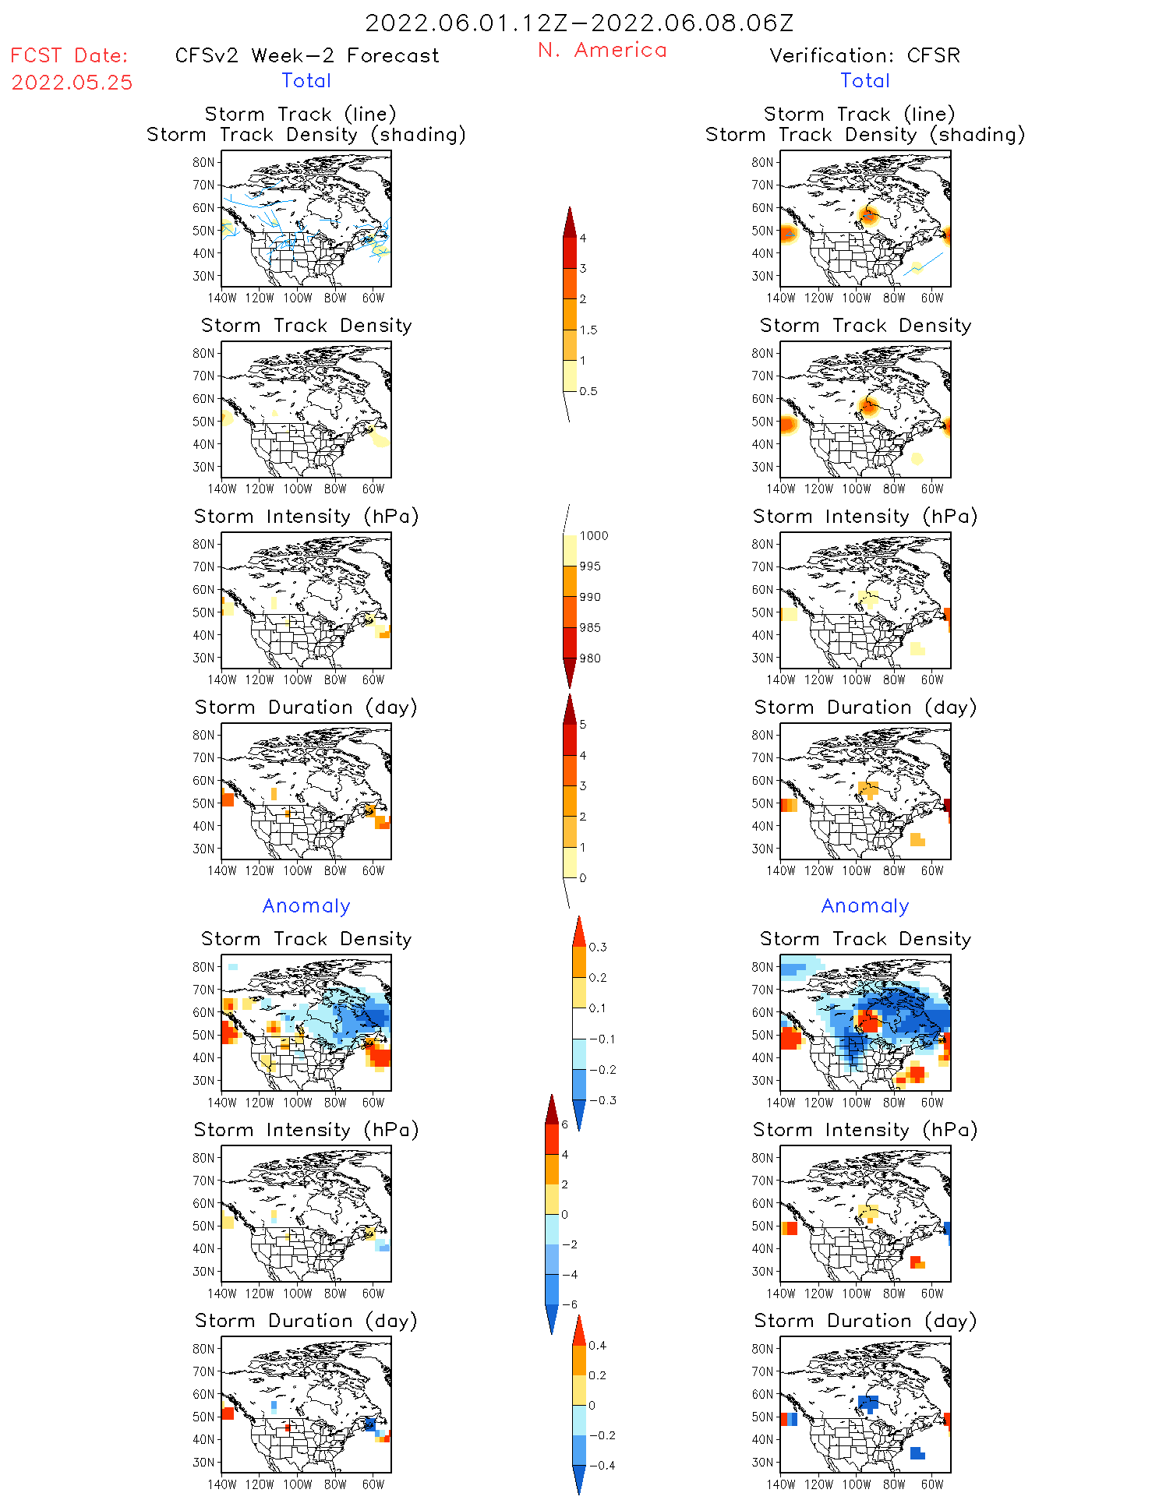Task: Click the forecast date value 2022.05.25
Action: coord(72,83)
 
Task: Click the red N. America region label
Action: coord(602,50)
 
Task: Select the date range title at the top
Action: coord(579,23)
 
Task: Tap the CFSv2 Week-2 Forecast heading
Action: coord(306,55)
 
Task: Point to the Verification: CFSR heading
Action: coord(864,55)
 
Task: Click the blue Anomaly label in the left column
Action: coord(306,905)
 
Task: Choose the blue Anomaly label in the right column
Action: coord(865,905)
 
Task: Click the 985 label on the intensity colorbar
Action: coord(590,627)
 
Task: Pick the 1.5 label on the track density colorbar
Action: coord(588,330)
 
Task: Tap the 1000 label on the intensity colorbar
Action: coord(593,535)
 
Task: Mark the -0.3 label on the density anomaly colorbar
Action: coord(602,1100)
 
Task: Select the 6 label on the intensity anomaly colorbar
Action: coord(564,1124)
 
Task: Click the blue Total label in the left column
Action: coord(306,80)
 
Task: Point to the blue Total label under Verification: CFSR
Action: coord(865,80)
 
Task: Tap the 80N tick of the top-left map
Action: coord(203,162)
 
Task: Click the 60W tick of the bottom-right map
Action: coord(932,1484)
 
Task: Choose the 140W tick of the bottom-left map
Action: coord(222,1484)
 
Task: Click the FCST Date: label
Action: coord(69,55)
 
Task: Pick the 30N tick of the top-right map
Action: coord(762,276)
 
